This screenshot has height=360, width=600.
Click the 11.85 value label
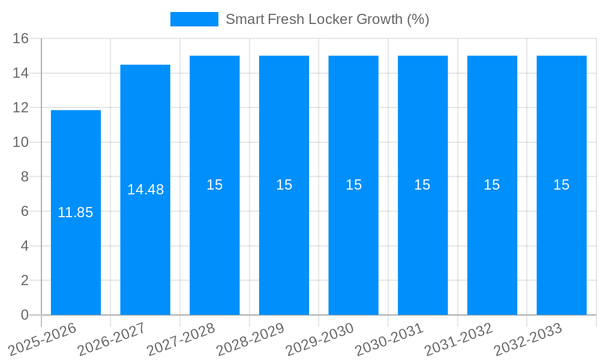(76, 212)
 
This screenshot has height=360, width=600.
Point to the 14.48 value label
(145, 190)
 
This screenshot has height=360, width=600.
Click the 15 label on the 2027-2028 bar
(215, 185)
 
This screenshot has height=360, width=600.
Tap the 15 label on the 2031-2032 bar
(492, 185)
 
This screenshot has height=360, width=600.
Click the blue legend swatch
(194, 19)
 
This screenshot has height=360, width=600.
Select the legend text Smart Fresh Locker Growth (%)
(327, 19)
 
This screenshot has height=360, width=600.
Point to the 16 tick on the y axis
(21, 39)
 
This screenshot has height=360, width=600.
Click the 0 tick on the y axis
(25, 315)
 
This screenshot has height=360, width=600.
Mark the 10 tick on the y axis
(21, 142)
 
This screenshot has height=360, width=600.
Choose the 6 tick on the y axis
(25, 211)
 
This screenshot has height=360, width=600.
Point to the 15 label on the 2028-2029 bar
(284, 185)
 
